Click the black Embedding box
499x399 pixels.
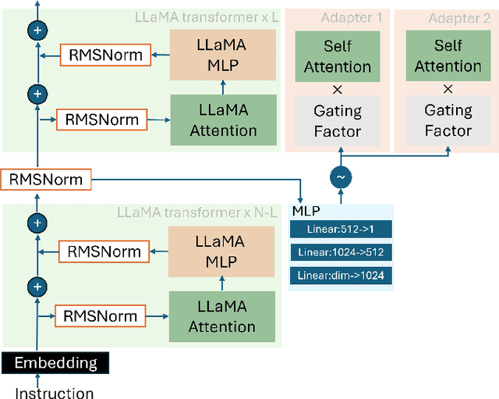[x=55, y=363]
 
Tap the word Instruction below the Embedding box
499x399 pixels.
[x=55, y=392]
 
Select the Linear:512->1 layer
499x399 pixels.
[x=340, y=230]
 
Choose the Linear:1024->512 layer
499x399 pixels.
[x=340, y=252]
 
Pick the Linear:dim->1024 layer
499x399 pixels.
[x=340, y=275]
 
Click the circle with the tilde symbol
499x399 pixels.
[x=340, y=177]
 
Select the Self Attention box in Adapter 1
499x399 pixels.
[x=338, y=56]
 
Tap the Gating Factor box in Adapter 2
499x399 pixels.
[x=448, y=120]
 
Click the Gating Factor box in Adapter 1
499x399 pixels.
[x=338, y=120]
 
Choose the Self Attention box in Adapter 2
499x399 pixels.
[x=448, y=56]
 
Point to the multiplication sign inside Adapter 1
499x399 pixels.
[x=338, y=88]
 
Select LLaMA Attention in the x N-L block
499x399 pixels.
[x=223, y=317]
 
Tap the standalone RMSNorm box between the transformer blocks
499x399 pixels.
[x=46, y=180]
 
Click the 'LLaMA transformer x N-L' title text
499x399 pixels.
[x=196, y=212]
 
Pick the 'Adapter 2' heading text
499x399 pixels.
[x=454, y=18]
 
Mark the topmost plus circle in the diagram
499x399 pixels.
[x=37, y=30]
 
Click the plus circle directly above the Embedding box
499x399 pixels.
[x=37, y=287]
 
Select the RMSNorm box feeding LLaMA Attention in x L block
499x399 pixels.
[x=102, y=119]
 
